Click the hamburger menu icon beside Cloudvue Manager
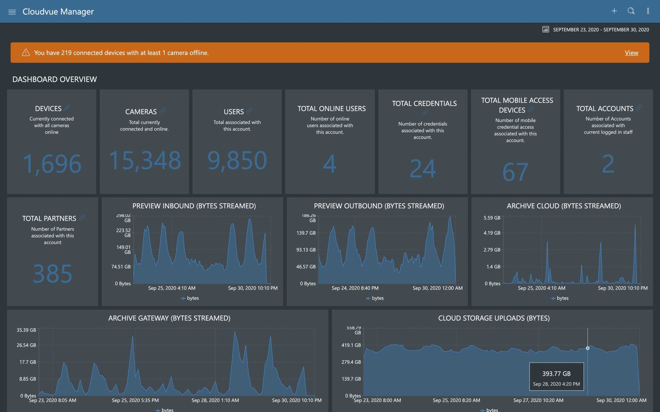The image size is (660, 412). coord(12,12)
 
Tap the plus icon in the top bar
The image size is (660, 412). coord(614,11)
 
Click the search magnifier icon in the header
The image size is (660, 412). coord(631,11)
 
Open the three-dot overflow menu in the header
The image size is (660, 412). coord(648,11)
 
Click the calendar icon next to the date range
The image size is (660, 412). coord(545,30)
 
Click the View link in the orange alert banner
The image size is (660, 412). coord(631,53)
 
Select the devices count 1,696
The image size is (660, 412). coord(52,163)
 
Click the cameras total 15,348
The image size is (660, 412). coord(145,161)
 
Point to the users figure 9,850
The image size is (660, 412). coord(237,161)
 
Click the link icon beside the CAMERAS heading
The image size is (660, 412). coord(162,111)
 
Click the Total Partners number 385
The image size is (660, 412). coord(52,273)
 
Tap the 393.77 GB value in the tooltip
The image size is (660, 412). coord(556,374)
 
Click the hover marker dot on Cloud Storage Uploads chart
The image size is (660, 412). coord(587,348)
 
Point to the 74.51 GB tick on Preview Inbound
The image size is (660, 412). coord(121,266)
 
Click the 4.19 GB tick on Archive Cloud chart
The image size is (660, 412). coord(492,233)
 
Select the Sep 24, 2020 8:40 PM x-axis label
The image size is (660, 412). coord(355,288)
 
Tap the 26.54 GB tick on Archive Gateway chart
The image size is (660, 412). coord(26,345)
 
